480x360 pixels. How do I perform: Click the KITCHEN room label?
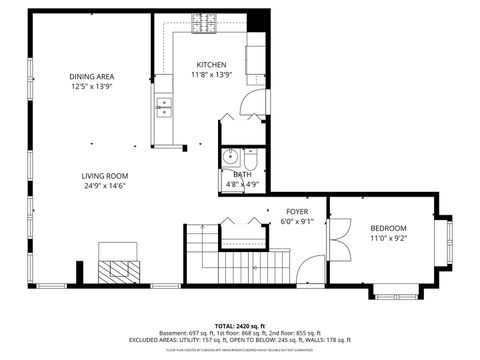pyautogui.click(x=211, y=65)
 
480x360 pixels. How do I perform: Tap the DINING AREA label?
pyautogui.click(x=91, y=77)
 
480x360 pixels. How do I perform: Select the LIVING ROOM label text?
pyautogui.click(x=105, y=175)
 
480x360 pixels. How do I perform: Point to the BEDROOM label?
pyautogui.click(x=388, y=229)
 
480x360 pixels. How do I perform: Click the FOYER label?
pyautogui.click(x=297, y=212)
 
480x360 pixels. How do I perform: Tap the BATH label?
pyautogui.click(x=242, y=175)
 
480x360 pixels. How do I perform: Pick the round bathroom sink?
pyautogui.click(x=230, y=156)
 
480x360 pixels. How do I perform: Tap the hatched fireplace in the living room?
pyautogui.click(x=120, y=270)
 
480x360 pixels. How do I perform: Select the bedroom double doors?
pyautogui.click(x=337, y=240)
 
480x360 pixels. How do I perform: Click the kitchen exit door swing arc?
pyautogui.click(x=258, y=102)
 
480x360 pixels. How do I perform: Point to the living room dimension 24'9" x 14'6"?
pyautogui.click(x=105, y=186)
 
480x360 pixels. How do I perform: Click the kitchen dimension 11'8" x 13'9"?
pyautogui.click(x=211, y=75)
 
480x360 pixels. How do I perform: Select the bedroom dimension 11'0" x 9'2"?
pyautogui.click(x=388, y=239)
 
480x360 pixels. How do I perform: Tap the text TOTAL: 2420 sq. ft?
pyautogui.click(x=239, y=325)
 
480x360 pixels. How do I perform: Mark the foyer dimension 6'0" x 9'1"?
pyautogui.click(x=297, y=222)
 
